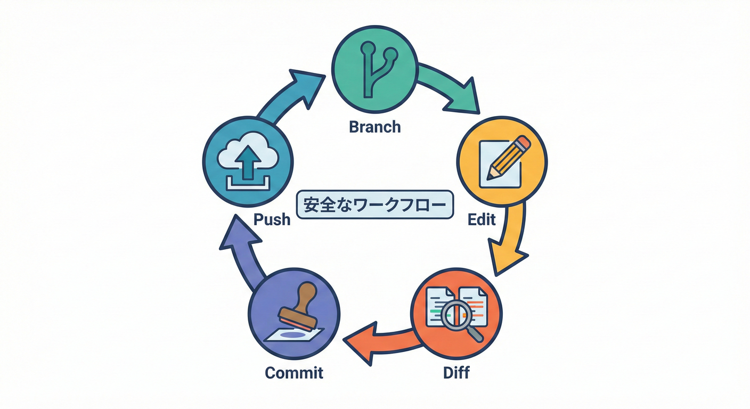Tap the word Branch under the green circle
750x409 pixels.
374,127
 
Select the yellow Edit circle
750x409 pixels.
502,161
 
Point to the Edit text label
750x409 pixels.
482,219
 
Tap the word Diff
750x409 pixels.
456,372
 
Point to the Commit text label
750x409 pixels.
294,372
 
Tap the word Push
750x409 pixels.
272,219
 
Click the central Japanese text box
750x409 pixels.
374,204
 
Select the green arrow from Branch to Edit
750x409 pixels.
448,88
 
